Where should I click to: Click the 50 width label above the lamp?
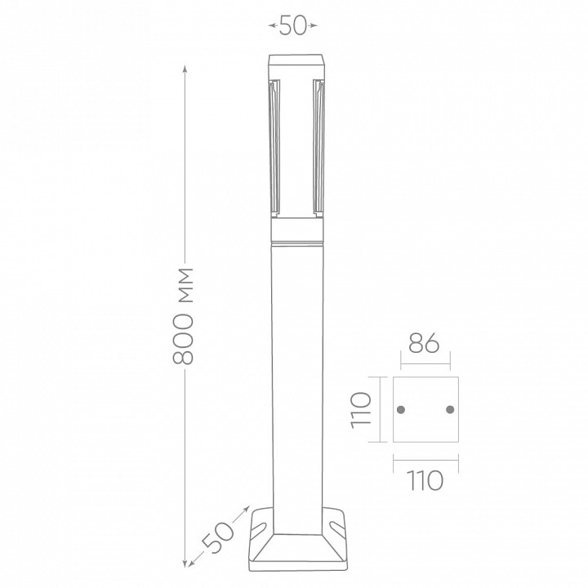(293, 26)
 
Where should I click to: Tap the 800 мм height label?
(183, 316)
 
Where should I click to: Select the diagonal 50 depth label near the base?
(217, 537)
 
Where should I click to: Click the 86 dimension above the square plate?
(424, 343)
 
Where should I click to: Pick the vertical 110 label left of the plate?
(361, 410)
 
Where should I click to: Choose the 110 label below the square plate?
(425, 480)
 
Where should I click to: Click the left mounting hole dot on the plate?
(401, 409)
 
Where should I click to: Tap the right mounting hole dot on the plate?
(450, 409)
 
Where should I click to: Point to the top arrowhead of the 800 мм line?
(185, 69)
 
